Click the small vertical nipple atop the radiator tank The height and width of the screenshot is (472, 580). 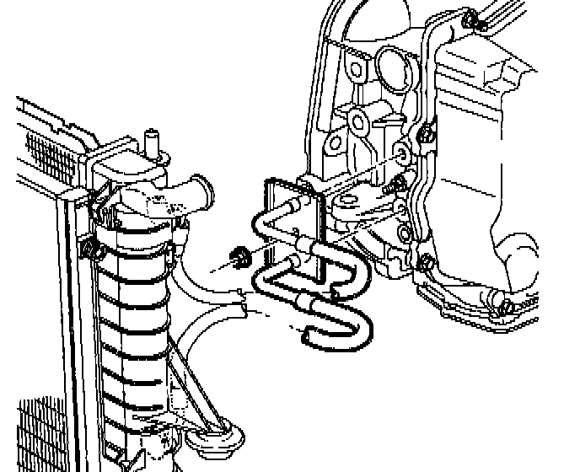[x=153, y=138]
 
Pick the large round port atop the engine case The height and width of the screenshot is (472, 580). [x=394, y=64]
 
